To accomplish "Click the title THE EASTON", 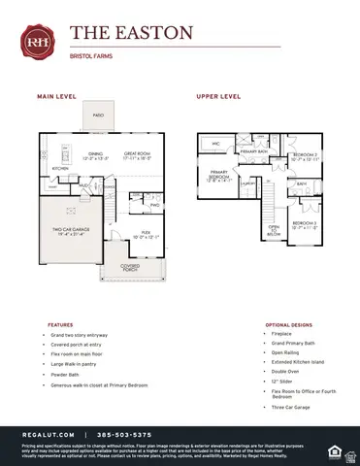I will pyautogui.click(x=131, y=33).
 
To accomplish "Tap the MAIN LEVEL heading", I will pyautogui.click(x=57, y=97).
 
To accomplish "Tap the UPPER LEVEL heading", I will pyautogui.click(x=218, y=97).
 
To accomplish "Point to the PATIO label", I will pyautogui.click(x=98, y=115).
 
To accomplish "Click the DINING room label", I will pyautogui.click(x=95, y=152).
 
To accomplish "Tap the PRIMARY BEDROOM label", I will pyautogui.click(x=218, y=175).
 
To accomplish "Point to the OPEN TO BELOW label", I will pyautogui.click(x=274, y=229).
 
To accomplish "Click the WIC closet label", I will pyautogui.click(x=217, y=144).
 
